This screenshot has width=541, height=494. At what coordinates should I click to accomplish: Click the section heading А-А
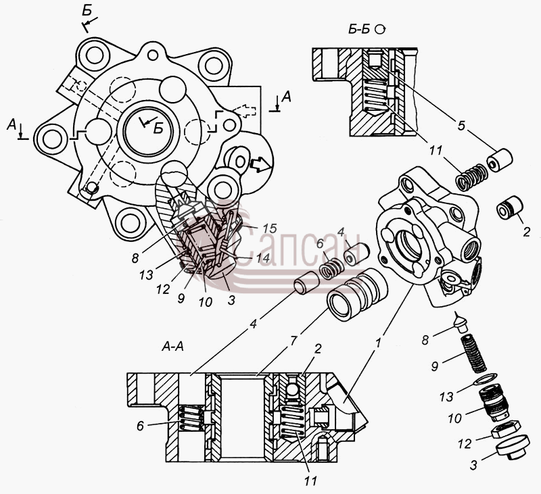pyautogui.click(x=172, y=346)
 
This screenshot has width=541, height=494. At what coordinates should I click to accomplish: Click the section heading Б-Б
pyautogui.click(x=359, y=30)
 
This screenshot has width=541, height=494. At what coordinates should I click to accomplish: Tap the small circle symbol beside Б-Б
pyautogui.click(x=380, y=30)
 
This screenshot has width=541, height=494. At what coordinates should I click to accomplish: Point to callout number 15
pyautogui.click(x=269, y=228)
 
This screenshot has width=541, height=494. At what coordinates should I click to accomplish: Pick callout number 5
pyautogui.click(x=461, y=126)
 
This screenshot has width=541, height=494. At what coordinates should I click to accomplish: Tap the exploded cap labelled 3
pyautogui.click(x=513, y=447)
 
